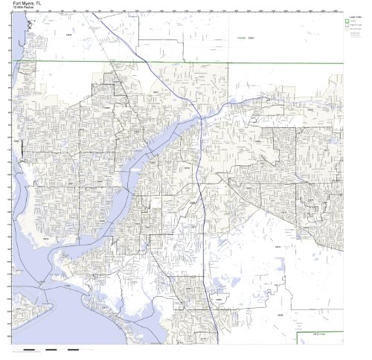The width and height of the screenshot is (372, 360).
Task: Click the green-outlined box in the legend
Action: (346, 20)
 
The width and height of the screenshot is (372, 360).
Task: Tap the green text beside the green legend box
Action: (353, 20)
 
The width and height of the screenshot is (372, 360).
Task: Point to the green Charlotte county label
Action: (240, 38)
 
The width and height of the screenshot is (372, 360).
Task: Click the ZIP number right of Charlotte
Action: (251, 38)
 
